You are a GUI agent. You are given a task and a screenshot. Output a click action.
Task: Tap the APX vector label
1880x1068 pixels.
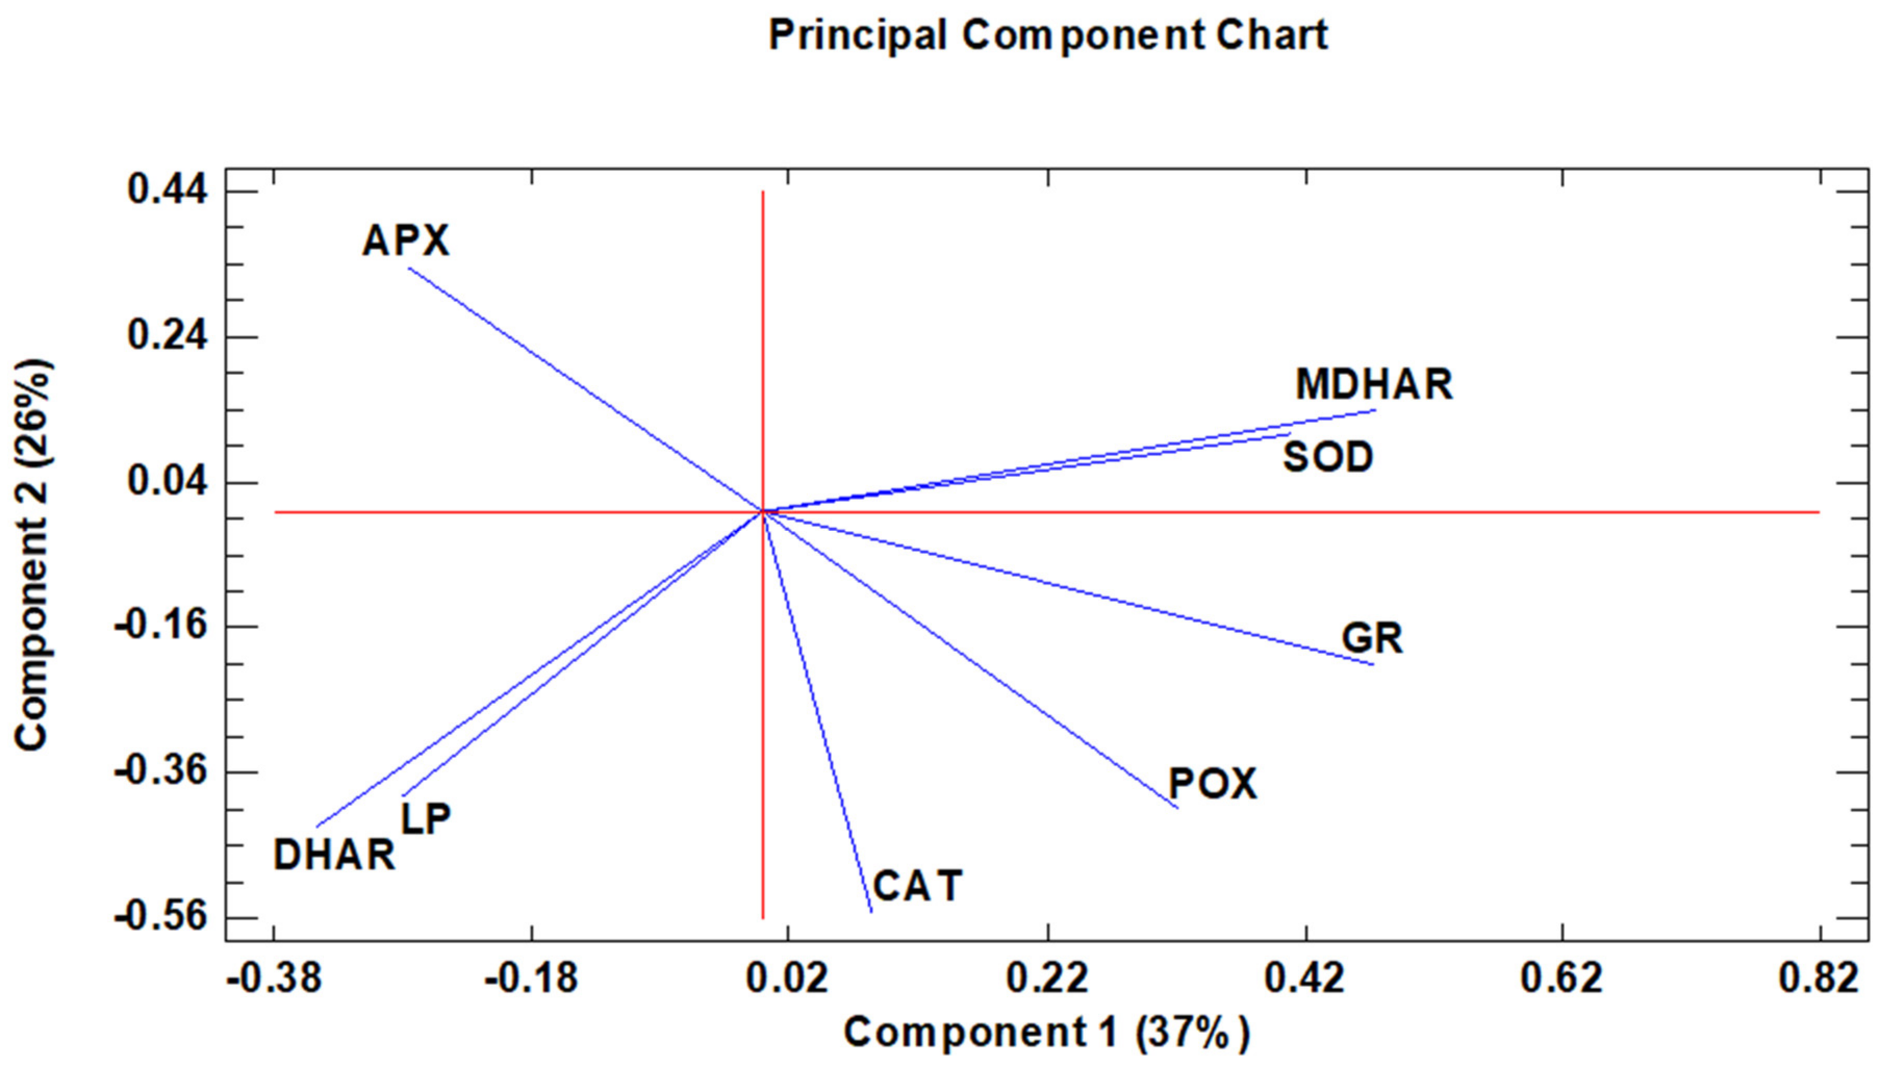pyautogui.click(x=405, y=240)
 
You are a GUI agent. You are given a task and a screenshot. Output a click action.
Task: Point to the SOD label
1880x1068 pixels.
pyautogui.click(x=1328, y=457)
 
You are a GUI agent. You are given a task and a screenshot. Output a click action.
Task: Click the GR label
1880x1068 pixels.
pyautogui.click(x=1371, y=638)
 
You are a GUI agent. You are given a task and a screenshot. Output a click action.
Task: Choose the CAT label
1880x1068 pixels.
pyautogui.click(x=918, y=885)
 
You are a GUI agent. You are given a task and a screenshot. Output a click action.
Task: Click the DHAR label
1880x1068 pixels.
pyautogui.click(x=335, y=855)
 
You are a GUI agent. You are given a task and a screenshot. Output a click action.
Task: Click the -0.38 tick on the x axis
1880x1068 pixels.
pyautogui.click(x=274, y=978)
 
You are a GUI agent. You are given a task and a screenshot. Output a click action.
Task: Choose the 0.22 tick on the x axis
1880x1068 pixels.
pyautogui.click(x=1047, y=978)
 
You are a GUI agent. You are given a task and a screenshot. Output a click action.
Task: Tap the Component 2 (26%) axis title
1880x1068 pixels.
pyautogui.click(x=32, y=554)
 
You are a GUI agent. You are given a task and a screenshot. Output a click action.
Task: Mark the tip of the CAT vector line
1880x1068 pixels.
pyautogui.click(x=871, y=912)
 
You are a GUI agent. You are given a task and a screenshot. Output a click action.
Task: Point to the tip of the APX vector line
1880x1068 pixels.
pyautogui.click(x=409, y=269)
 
